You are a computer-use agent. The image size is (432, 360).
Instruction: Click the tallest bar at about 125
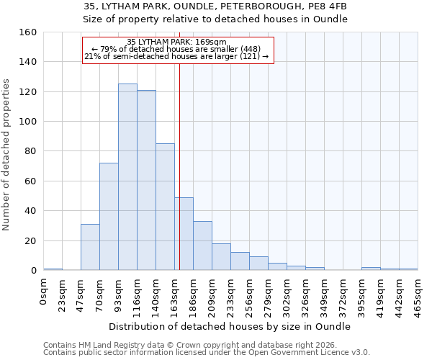127,177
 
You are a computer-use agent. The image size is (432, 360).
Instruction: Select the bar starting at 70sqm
109,217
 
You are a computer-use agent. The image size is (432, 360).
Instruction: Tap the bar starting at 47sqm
90,247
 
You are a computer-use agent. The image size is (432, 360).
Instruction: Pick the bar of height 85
165,207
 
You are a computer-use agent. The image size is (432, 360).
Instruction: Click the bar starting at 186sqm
202,246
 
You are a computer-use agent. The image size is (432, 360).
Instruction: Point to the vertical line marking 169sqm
179,166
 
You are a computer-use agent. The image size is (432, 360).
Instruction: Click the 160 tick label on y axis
27,32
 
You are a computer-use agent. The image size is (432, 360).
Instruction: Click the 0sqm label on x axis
44,292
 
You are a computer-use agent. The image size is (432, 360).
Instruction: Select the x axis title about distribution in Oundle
230,326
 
